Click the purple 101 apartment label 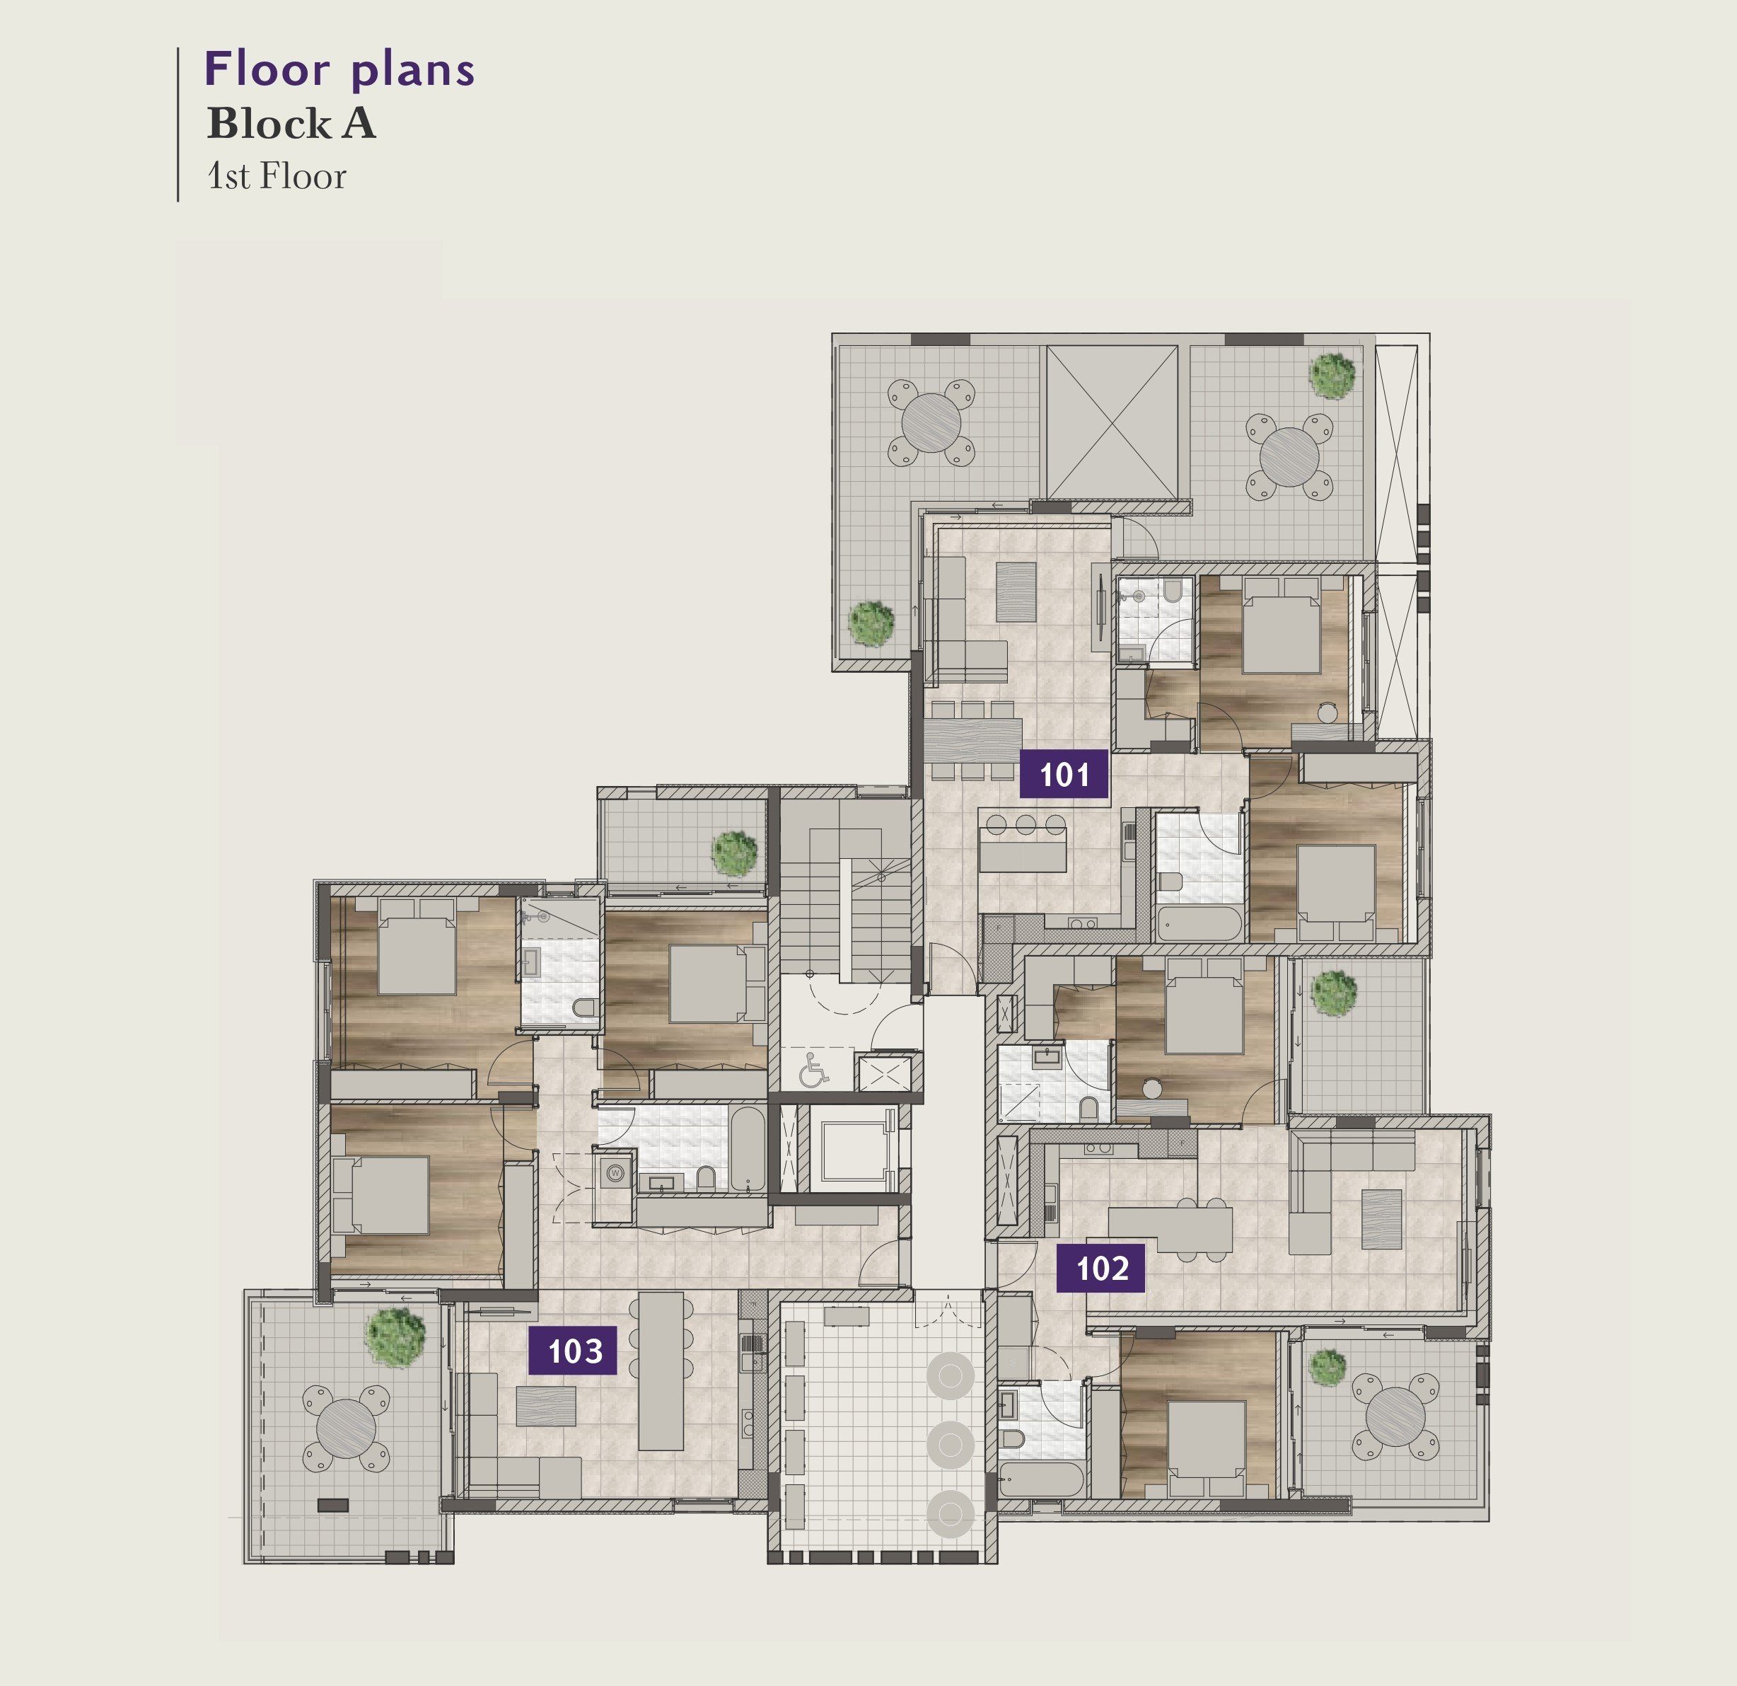(x=1064, y=774)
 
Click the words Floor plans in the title (x=339, y=70)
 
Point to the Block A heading (x=291, y=123)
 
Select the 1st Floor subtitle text (x=277, y=175)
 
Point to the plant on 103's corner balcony (x=396, y=1338)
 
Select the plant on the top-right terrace (x=1332, y=375)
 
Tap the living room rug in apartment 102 (x=1381, y=1219)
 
